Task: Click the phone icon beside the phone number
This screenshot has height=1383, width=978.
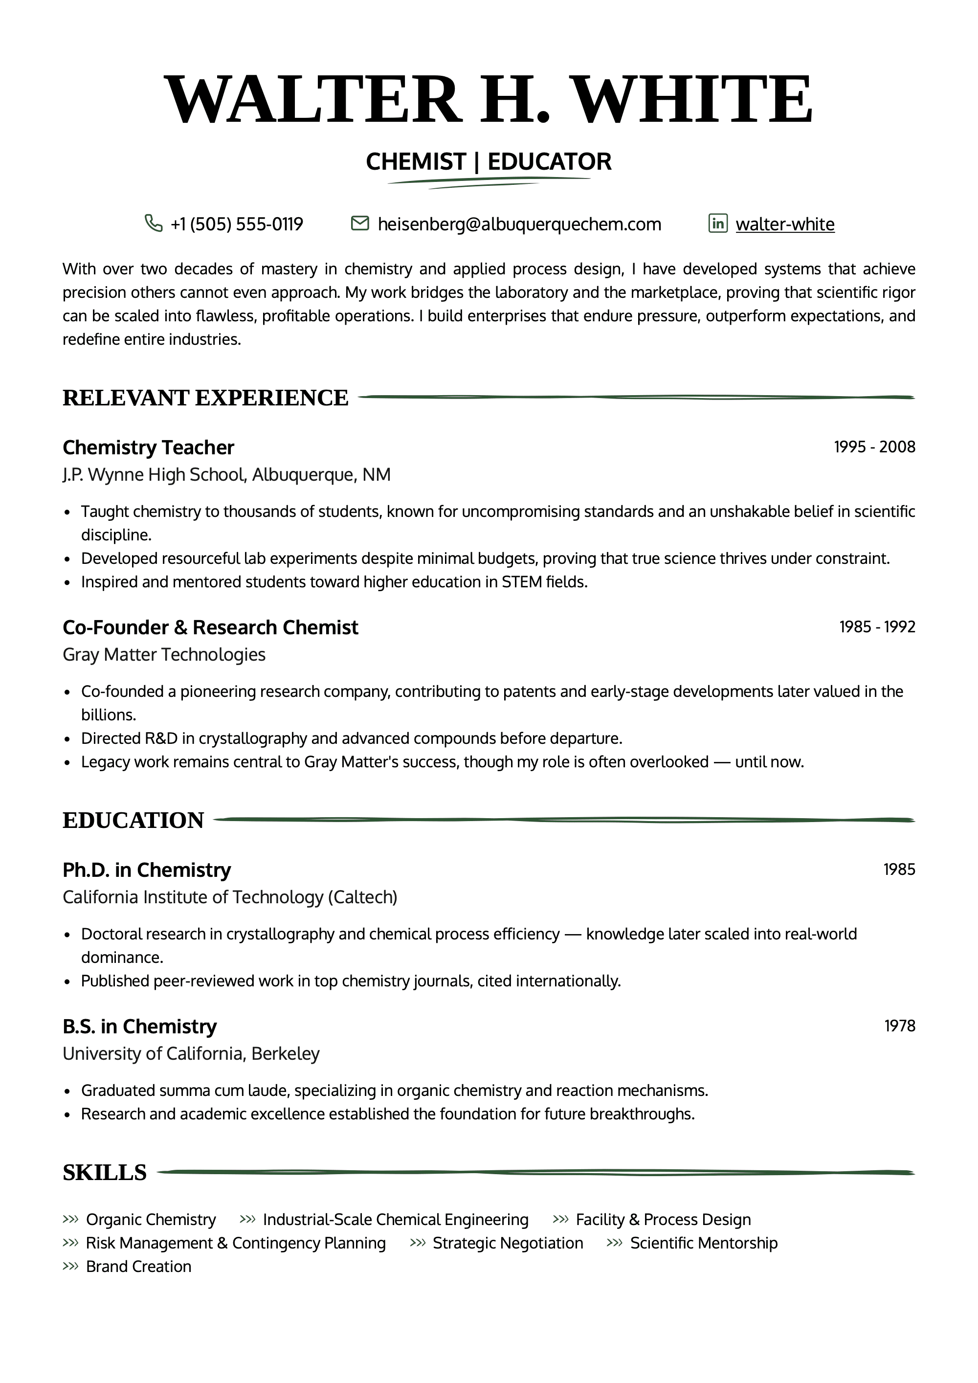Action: click(154, 223)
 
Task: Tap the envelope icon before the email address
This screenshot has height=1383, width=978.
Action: click(359, 223)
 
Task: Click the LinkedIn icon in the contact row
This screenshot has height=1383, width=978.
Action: click(718, 223)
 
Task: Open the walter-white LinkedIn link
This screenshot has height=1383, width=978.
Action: click(785, 224)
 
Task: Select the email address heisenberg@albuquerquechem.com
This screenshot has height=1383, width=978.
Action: click(519, 224)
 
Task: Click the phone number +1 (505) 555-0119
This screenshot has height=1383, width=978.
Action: click(237, 224)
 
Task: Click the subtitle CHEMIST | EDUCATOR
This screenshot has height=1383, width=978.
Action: click(489, 161)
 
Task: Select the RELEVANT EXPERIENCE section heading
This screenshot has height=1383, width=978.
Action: click(205, 398)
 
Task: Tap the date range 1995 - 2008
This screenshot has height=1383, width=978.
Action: click(874, 447)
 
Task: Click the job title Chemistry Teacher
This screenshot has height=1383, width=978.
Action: click(148, 447)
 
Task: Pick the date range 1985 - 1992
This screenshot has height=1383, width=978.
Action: click(877, 627)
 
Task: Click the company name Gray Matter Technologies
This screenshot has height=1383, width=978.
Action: click(164, 654)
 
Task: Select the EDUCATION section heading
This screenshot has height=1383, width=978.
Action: click(133, 821)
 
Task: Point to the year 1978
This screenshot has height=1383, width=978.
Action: click(899, 1026)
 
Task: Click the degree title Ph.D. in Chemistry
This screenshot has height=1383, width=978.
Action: click(146, 870)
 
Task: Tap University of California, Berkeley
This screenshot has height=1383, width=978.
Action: click(191, 1053)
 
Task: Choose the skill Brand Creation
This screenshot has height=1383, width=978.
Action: click(138, 1267)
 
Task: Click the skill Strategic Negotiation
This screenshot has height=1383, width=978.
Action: click(508, 1243)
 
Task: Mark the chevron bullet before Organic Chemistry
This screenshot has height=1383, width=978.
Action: click(70, 1220)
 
